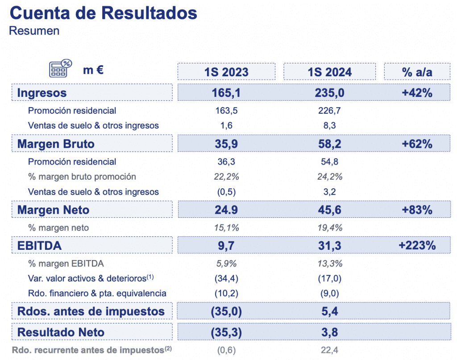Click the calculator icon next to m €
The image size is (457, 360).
pos(60,69)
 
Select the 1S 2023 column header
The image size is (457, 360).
pos(226,72)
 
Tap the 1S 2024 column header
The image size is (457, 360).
pos(329,72)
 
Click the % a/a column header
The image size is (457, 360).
pos(417,72)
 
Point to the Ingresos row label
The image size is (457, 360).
pos(42,93)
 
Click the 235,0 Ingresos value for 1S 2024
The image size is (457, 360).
pos(329,93)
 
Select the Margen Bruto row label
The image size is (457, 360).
pos(56,144)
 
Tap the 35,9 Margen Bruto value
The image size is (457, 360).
pos(226,144)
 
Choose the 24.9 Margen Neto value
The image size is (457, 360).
pos(226,210)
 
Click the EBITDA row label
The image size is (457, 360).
pos(39,245)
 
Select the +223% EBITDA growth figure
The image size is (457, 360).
pos(417,245)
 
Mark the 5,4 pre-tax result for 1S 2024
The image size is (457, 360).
pos(329,311)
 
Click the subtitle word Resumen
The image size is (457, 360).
pos(34,31)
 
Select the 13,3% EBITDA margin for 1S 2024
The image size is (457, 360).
pos(329,263)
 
